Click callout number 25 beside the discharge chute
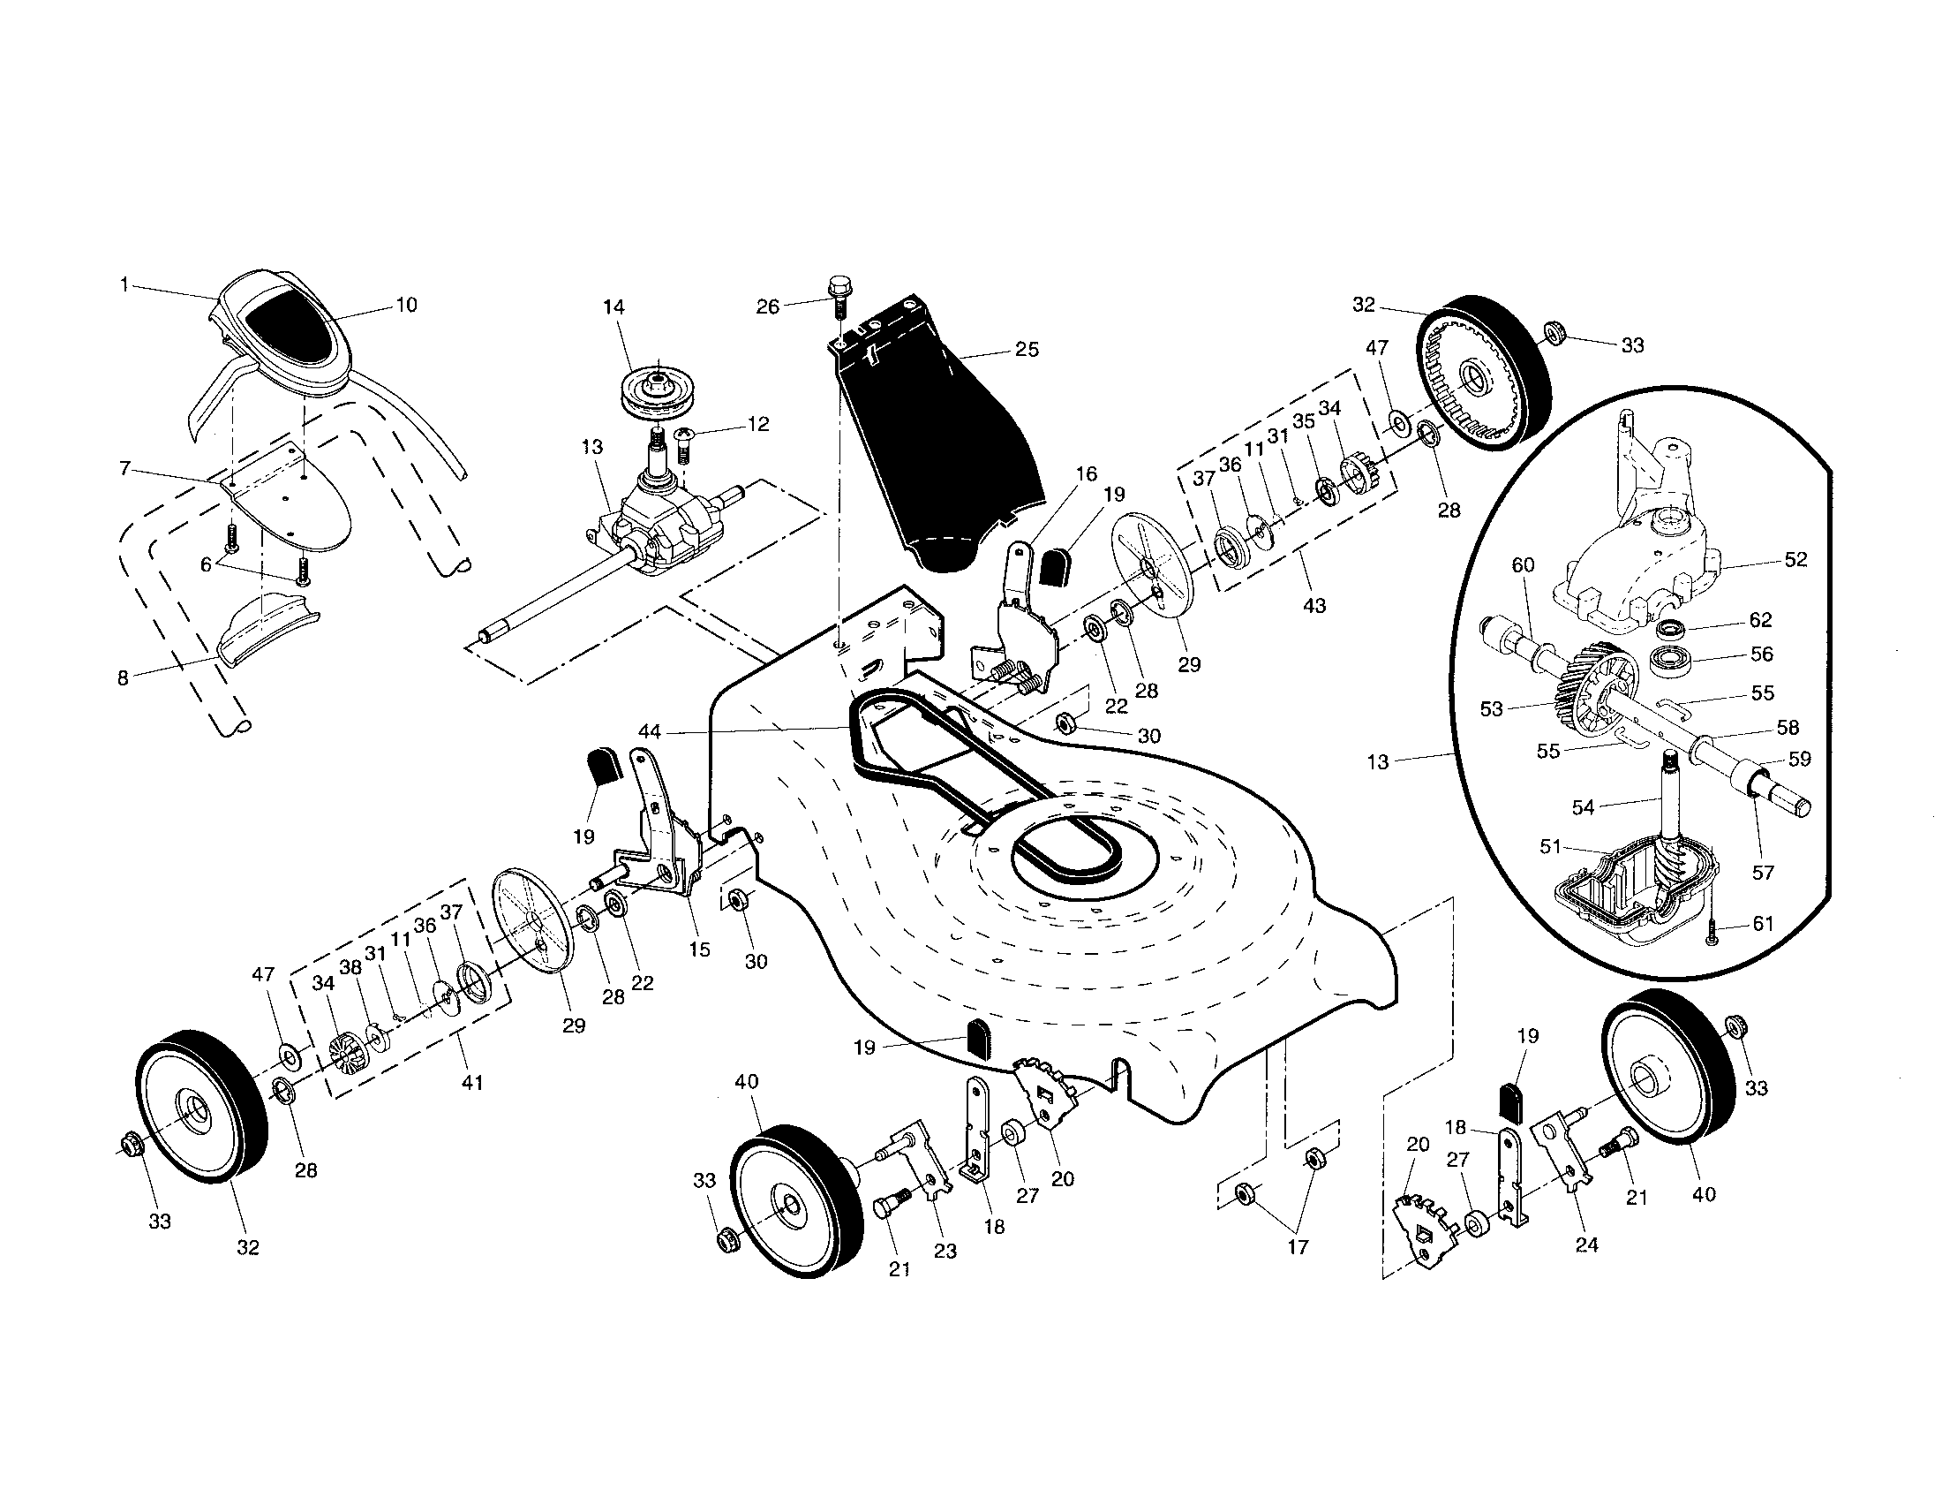point(1026,350)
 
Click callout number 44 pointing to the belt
point(650,731)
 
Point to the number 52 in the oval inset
point(1795,559)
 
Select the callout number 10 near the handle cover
point(405,305)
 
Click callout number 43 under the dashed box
point(1313,606)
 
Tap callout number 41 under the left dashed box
point(471,1083)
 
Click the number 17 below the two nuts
point(1298,1247)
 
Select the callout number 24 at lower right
point(1585,1245)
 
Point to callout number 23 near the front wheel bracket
point(945,1251)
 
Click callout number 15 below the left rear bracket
point(699,949)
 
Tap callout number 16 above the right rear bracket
point(1086,473)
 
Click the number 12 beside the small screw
point(757,424)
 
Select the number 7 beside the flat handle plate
point(125,468)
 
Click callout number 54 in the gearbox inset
point(1584,806)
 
